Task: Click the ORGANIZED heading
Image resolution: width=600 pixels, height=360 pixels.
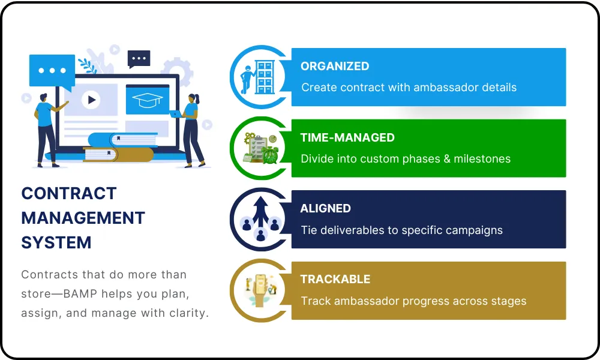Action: click(x=335, y=66)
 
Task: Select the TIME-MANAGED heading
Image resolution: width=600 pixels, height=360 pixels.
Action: click(x=347, y=138)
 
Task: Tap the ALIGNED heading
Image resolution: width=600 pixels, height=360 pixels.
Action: click(x=326, y=209)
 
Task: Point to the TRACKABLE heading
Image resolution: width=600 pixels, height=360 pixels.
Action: click(x=335, y=279)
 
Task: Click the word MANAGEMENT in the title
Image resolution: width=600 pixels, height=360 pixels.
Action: click(x=83, y=218)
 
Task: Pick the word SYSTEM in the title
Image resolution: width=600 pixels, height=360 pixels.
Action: click(x=56, y=242)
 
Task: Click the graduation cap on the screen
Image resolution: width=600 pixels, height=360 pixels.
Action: click(x=148, y=100)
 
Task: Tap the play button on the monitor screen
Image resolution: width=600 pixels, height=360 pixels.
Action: click(x=91, y=100)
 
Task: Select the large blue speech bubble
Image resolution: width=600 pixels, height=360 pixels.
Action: click(x=52, y=72)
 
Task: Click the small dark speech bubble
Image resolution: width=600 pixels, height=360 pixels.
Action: click(x=139, y=59)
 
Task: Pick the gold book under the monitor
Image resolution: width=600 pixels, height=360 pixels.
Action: click(x=118, y=154)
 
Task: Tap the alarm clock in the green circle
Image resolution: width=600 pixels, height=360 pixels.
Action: click(x=271, y=155)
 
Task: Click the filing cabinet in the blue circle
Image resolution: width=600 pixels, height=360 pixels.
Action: click(x=265, y=77)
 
